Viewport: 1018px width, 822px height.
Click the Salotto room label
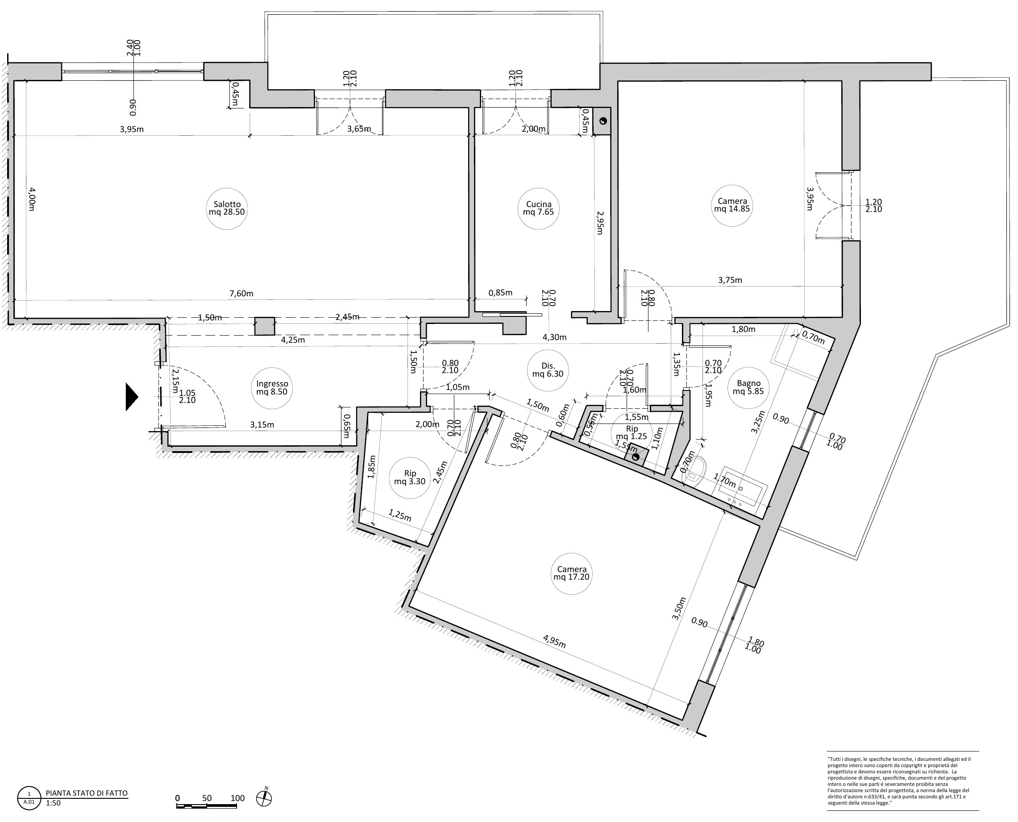point(227,208)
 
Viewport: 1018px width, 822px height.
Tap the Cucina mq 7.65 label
point(538,208)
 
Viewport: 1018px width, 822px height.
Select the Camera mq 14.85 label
point(732,204)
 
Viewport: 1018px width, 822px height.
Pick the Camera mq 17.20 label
point(572,573)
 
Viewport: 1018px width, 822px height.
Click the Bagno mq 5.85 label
point(748,387)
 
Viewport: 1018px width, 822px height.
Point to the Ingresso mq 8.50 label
point(272,387)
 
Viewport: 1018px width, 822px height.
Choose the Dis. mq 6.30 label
point(548,369)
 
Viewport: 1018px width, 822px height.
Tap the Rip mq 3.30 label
point(410,477)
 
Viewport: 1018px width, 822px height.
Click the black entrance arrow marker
point(132,396)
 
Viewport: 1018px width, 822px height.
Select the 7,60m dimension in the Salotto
point(241,294)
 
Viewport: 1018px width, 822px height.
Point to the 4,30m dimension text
point(554,338)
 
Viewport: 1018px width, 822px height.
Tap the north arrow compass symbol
point(264,798)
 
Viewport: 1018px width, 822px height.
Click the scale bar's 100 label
point(238,798)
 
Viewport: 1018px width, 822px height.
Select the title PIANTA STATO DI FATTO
point(87,793)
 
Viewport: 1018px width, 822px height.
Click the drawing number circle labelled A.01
point(29,798)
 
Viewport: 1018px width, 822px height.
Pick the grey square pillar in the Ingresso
point(265,326)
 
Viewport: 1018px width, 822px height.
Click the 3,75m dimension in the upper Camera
point(730,280)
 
